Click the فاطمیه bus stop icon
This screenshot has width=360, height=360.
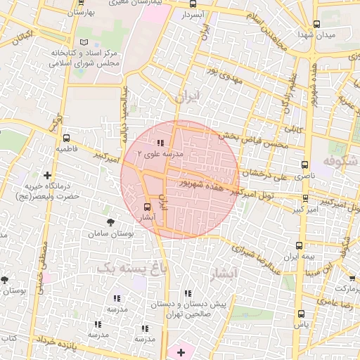[x=66, y=139]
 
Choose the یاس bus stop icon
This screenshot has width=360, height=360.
[x=301, y=314]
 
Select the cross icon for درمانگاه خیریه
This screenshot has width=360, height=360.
[x=47, y=174]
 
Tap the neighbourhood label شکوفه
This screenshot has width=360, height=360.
[x=340, y=163]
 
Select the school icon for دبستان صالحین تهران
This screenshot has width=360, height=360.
[x=187, y=293]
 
